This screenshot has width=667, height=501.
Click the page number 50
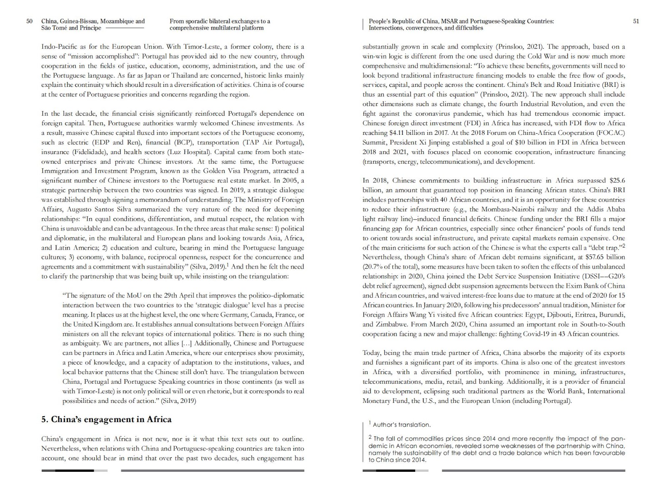[29, 21]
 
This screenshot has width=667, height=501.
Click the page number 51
[636, 21]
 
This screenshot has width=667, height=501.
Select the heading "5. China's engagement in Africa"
[106, 420]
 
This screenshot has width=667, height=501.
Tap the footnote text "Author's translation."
[401, 425]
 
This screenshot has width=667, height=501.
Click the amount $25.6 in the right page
[617, 180]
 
